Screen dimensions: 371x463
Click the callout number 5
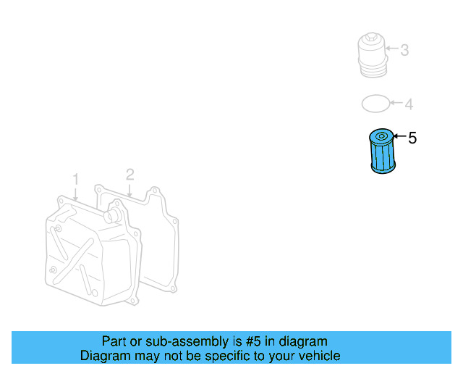412,138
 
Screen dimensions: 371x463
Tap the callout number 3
404,50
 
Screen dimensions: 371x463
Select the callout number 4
409,105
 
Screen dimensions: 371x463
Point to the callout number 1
75,178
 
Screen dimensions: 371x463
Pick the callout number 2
129,174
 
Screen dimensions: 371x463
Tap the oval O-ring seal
375,104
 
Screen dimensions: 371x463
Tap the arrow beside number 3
392,50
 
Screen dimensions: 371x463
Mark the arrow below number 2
129,190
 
